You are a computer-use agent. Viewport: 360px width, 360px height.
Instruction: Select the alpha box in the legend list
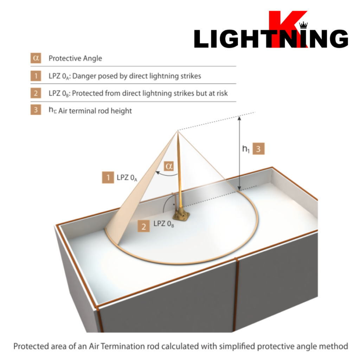(x=36, y=58)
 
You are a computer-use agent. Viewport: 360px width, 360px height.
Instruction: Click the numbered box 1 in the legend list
(x=36, y=76)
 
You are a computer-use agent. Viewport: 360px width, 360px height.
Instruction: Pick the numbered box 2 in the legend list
(x=36, y=93)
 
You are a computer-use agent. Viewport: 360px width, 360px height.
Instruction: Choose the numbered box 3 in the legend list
(x=36, y=110)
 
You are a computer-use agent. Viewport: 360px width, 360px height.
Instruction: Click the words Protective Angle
(x=75, y=58)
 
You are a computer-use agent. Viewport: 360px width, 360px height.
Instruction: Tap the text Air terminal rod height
(x=95, y=111)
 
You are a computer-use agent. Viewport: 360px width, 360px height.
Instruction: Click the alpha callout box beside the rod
(x=169, y=166)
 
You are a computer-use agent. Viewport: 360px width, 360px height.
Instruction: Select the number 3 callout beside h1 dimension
(x=258, y=149)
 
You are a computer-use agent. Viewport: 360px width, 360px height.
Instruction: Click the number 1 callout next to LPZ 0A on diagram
(x=108, y=177)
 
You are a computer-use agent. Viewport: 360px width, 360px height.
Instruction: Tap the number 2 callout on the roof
(x=143, y=226)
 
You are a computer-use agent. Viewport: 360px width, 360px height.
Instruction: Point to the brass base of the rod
(x=182, y=214)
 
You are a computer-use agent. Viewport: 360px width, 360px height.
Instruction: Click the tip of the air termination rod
(x=178, y=131)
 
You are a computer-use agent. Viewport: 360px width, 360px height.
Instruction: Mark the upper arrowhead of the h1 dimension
(x=239, y=118)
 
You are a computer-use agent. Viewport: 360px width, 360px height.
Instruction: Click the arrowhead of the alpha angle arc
(x=158, y=172)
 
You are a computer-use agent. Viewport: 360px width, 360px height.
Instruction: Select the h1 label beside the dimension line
(x=246, y=149)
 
